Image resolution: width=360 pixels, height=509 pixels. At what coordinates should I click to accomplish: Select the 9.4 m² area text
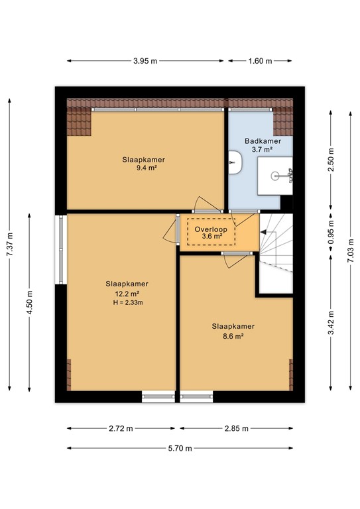pyautogui.click(x=143, y=168)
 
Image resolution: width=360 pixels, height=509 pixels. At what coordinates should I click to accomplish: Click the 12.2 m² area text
pyautogui.click(x=126, y=293)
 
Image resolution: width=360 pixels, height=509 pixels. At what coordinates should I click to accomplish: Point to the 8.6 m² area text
pyautogui.click(x=233, y=336)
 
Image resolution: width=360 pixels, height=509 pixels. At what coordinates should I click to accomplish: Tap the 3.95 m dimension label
pyautogui.click(x=145, y=61)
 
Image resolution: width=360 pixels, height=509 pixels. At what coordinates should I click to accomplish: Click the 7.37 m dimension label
pyautogui.click(x=9, y=247)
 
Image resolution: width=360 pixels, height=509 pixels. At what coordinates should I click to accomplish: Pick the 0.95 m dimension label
pyautogui.click(x=331, y=233)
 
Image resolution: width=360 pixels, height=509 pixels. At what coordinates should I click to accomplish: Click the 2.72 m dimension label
pyautogui.click(x=121, y=429)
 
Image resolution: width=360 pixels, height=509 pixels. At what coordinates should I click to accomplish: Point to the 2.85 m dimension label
pyautogui.click(x=236, y=429)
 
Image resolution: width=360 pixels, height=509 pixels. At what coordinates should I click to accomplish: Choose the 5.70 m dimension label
pyautogui.click(x=179, y=448)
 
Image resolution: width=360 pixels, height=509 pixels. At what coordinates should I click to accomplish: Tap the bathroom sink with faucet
pyautogui.click(x=282, y=176)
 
